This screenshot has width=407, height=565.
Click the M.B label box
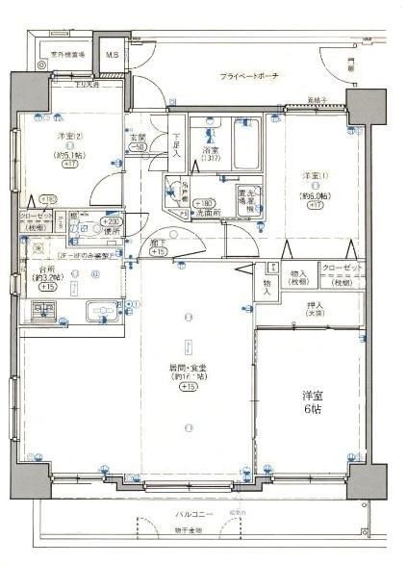point(113,56)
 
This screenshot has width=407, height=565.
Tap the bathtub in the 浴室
point(247,144)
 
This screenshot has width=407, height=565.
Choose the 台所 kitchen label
point(45,269)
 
